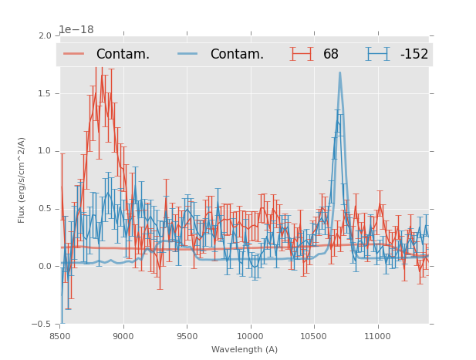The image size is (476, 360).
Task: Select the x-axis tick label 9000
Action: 123,336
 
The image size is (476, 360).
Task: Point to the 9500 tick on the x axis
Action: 187,336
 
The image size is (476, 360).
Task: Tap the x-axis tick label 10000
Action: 250,336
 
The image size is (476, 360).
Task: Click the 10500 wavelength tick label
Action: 313,336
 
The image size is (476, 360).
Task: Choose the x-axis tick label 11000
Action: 377,336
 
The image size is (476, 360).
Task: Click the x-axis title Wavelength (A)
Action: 245,350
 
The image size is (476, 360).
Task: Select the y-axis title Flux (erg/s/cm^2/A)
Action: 22,180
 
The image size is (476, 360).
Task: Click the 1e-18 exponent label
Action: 76,30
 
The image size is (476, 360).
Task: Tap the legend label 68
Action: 331,55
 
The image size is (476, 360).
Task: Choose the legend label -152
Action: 414,55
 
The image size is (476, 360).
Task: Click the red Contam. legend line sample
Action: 74,54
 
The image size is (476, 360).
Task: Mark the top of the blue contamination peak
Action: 339,73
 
